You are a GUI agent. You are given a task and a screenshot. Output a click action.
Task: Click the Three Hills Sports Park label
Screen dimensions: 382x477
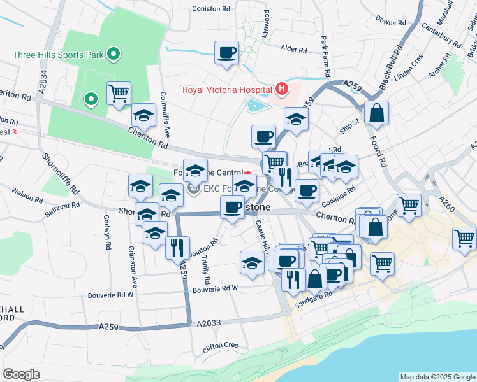click(x=59, y=54)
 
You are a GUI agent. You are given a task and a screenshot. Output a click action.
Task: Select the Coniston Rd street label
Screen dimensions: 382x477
click(x=211, y=9)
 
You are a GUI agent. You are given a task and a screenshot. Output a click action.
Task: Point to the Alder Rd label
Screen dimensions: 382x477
click(x=294, y=48)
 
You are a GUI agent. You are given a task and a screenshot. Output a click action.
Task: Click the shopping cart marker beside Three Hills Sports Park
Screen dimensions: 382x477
click(x=119, y=94)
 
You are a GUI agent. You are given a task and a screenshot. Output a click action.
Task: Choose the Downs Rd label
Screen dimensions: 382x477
click(x=391, y=21)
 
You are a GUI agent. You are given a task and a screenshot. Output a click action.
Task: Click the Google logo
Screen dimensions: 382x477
click(x=22, y=374)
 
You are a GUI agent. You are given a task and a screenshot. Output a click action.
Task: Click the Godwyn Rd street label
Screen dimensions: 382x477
click(x=106, y=232)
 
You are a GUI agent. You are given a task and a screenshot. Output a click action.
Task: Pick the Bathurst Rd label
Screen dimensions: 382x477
click(x=62, y=208)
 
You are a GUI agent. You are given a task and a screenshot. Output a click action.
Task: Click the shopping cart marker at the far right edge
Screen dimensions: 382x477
click(x=464, y=239)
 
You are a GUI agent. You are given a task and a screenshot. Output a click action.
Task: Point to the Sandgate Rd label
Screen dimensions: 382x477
click(x=313, y=300)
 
